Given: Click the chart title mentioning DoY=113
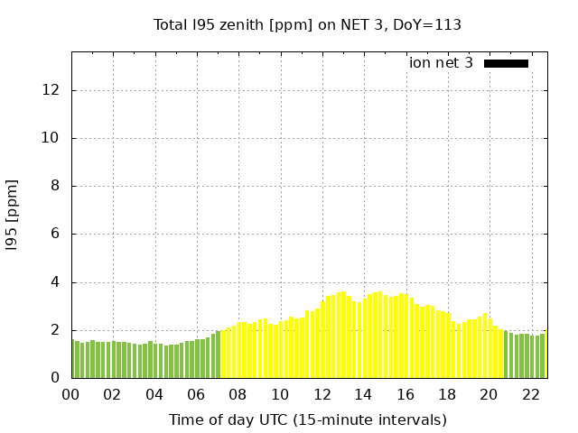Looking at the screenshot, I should (307, 24).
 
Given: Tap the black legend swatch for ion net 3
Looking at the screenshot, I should (506, 63).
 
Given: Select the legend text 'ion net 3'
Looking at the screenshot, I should (441, 63).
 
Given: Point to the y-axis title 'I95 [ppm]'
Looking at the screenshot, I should (12, 216).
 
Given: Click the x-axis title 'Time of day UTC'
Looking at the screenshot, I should (307, 419).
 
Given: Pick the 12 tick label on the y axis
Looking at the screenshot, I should (52, 90).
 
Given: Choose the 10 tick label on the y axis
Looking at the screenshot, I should (52, 138).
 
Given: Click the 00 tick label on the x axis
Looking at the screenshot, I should (70, 394).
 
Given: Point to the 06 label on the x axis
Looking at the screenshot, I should (196, 394).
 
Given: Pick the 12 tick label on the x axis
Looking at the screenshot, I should (322, 394).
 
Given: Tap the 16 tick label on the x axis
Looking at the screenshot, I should (406, 394).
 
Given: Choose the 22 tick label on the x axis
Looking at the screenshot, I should (531, 394).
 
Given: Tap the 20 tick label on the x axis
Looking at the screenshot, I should (489, 394).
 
